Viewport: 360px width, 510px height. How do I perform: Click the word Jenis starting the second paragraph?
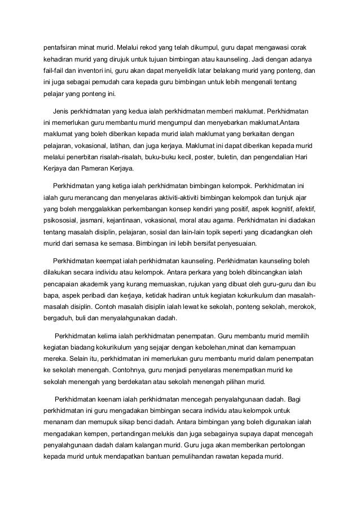[x=60, y=108]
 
